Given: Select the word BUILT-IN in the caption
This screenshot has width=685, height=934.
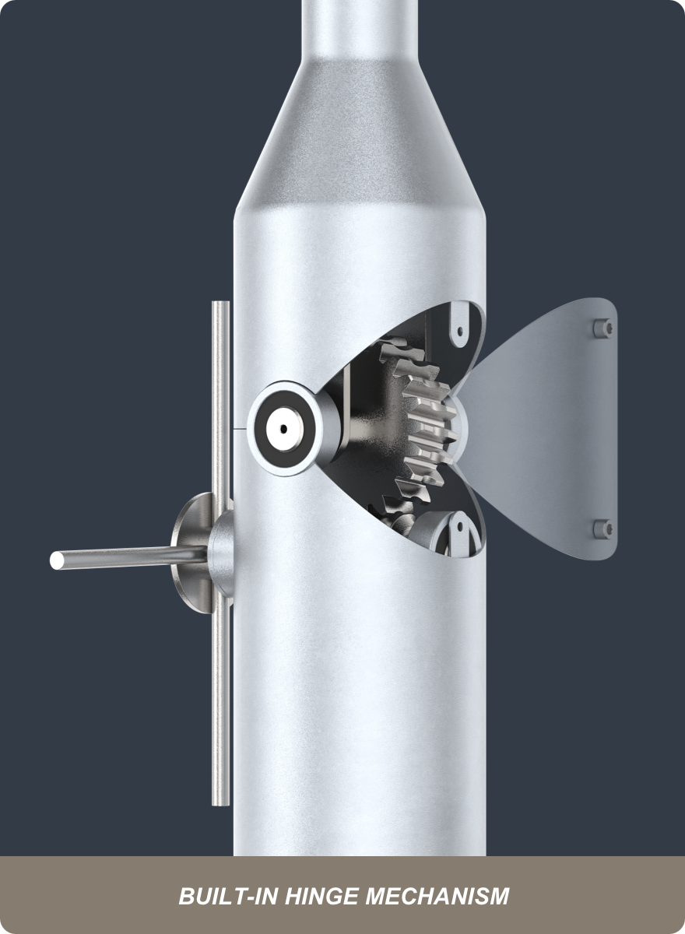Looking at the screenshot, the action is click(228, 896).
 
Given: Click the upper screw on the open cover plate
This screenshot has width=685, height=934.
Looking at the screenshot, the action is click(603, 328).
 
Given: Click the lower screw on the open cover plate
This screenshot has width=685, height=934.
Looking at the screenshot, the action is click(603, 529).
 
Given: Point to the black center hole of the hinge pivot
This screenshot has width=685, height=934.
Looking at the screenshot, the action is click(284, 428).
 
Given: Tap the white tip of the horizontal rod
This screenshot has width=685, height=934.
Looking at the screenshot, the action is click(57, 560).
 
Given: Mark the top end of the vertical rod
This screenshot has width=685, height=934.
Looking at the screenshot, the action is click(220, 303).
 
